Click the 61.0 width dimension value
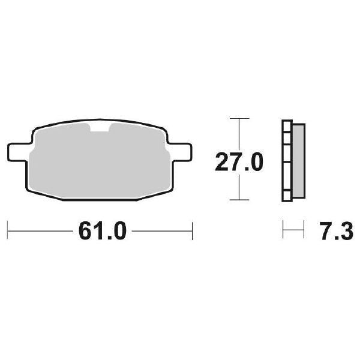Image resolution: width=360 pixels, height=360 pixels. [100, 230]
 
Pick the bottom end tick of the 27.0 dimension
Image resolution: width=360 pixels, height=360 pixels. [239, 200]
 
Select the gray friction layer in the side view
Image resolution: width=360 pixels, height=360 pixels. [298, 160]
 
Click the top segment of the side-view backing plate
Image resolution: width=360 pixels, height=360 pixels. [287, 132]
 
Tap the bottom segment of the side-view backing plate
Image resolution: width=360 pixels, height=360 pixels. [287, 191]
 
